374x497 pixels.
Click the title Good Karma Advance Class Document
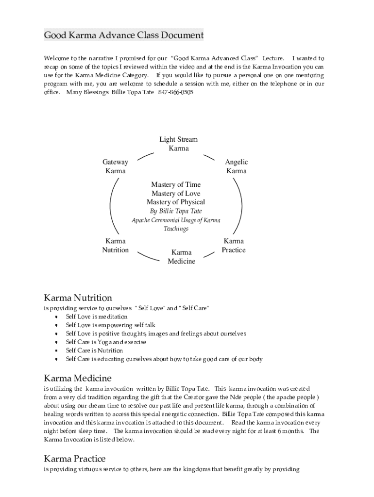[124, 35]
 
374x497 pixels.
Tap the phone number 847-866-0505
[175, 92]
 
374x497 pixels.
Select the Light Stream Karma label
[179, 144]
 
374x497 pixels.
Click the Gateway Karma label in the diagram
[115, 166]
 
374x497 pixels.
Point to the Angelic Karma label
[237, 166]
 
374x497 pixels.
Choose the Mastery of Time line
[176, 184]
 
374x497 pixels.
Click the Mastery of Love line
[176, 193]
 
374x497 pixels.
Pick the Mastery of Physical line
[176, 202]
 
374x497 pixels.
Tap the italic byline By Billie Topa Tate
[176, 211]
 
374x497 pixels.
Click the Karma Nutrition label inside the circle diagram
[115, 246]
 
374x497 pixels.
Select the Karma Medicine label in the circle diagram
[181, 257]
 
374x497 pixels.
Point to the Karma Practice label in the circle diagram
[234, 246]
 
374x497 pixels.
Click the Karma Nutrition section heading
[78, 298]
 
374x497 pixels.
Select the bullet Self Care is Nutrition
[94, 350]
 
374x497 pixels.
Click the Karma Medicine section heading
[78, 378]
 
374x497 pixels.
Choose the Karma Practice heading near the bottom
[74, 459]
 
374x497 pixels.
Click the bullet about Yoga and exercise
[106, 342]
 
